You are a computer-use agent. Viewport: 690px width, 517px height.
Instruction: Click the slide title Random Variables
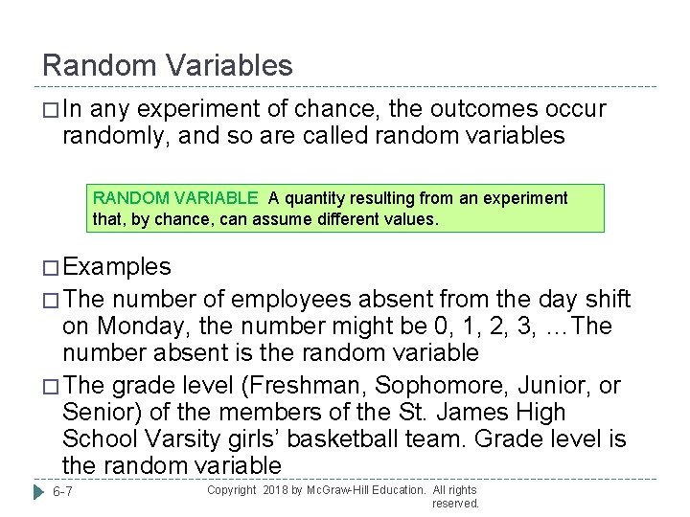[168, 65]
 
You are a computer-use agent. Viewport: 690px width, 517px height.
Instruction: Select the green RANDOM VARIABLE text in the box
[175, 198]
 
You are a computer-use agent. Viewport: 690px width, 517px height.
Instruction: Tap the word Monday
[141, 326]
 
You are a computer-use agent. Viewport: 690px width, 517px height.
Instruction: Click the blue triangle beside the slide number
[36, 491]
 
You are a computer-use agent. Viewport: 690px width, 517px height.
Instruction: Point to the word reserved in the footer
[455, 504]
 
